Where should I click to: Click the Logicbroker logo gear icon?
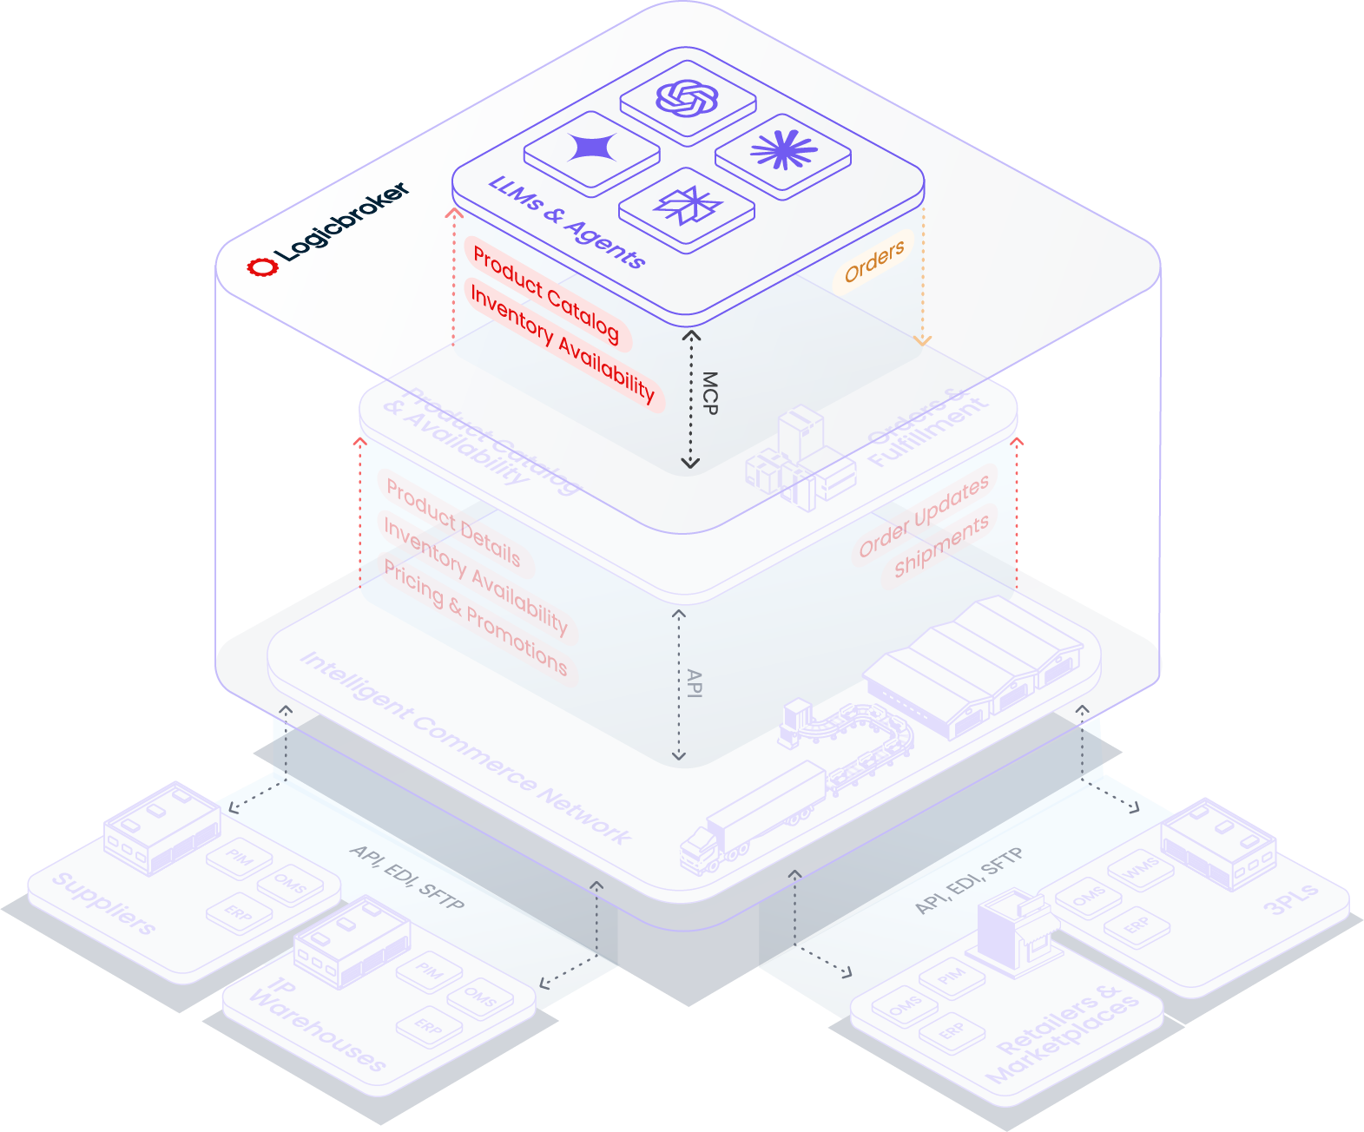262,267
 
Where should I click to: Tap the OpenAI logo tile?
688,98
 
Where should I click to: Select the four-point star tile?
592,149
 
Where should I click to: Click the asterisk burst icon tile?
783,151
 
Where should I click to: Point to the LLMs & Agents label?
567,222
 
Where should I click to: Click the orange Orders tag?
874,261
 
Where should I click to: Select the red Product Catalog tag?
546,293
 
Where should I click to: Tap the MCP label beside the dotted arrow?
710,392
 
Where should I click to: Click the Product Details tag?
453,523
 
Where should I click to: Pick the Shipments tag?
941,545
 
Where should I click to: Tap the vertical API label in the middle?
694,683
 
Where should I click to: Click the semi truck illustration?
752,815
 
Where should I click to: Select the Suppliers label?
103,904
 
